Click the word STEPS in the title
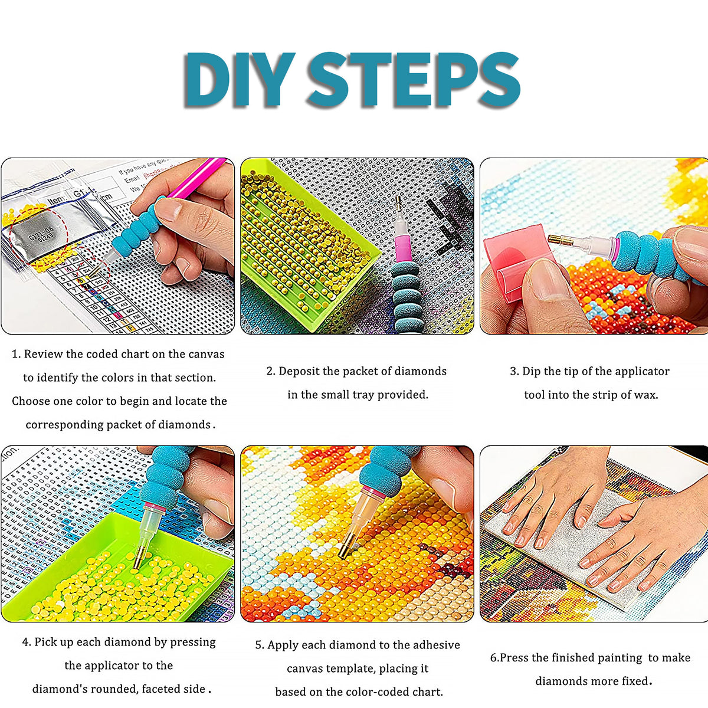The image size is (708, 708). (413, 80)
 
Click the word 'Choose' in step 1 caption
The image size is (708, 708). (31, 401)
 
